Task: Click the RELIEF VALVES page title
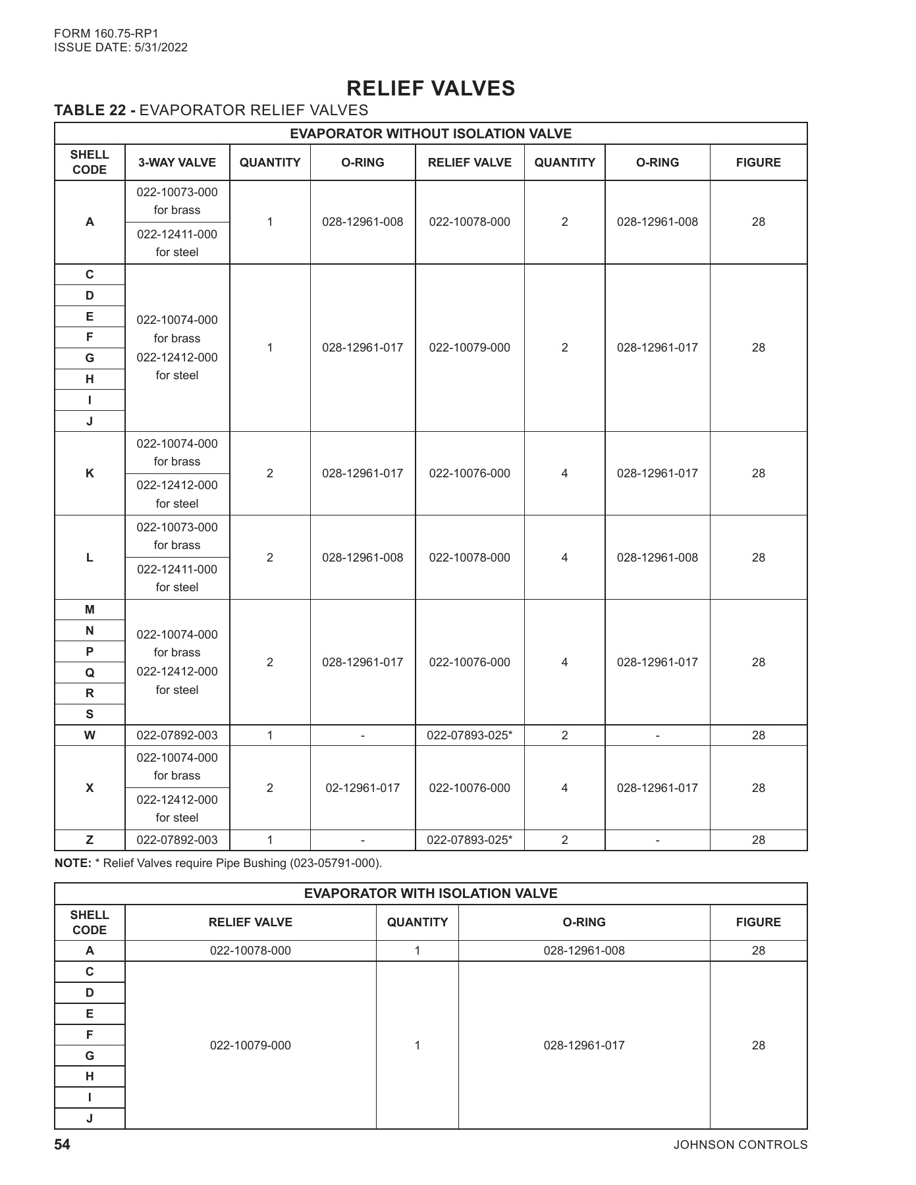point(431,88)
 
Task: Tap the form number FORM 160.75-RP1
point(107,33)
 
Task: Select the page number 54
point(62,1145)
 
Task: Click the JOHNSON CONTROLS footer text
point(740,1145)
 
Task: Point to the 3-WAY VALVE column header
point(176,163)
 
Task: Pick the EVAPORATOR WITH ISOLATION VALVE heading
point(431,893)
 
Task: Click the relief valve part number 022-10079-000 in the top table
point(470,348)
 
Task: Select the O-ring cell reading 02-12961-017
point(363,788)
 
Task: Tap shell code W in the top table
point(90,735)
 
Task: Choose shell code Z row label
point(90,840)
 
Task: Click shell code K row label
point(90,473)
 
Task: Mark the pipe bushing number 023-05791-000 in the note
point(335,863)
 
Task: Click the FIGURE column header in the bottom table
point(758,922)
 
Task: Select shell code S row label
point(90,714)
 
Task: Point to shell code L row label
point(90,558)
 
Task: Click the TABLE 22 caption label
point(95,110)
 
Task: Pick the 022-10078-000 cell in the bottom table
point(250,951)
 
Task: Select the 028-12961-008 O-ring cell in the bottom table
point(583,951)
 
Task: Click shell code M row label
point(90,610)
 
